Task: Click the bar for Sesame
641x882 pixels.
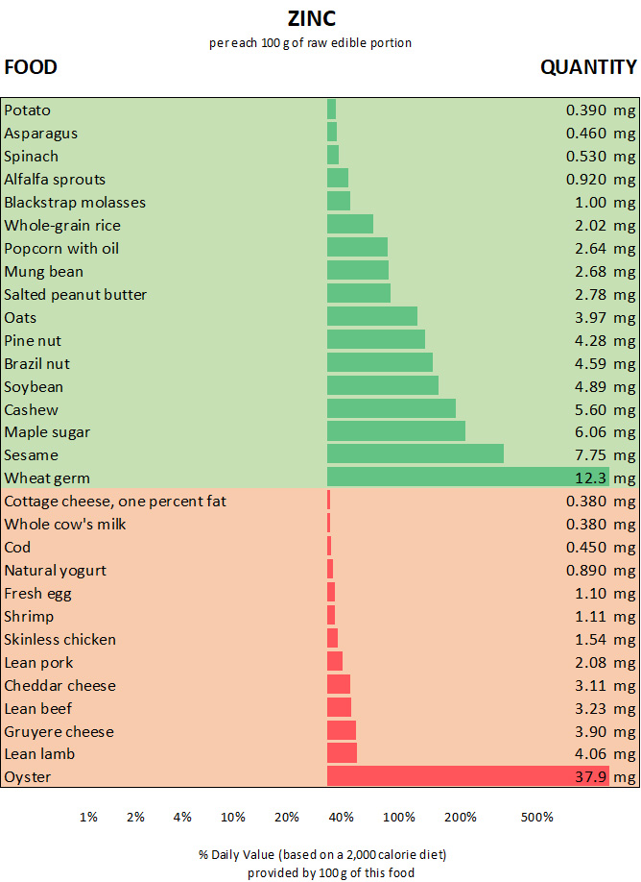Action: click(415, 454)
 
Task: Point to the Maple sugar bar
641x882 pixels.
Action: click(395, 431)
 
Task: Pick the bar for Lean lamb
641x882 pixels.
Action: click(342, 753)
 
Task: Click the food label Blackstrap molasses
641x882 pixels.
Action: click(75, 202)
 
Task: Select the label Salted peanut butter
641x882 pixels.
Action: click(76, 294)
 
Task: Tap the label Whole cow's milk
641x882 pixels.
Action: click(65, 524)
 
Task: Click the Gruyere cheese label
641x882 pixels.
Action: click(59, 731)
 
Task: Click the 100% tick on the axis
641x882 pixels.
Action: click(399, 817)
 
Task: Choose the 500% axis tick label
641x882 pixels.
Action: click(537, 817)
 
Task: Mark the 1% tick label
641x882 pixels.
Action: click(88, 817)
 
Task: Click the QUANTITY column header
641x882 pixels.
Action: click(588, 67)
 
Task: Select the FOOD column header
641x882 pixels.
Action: click(31, 67)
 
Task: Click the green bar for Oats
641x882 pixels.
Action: click(371, 316)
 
